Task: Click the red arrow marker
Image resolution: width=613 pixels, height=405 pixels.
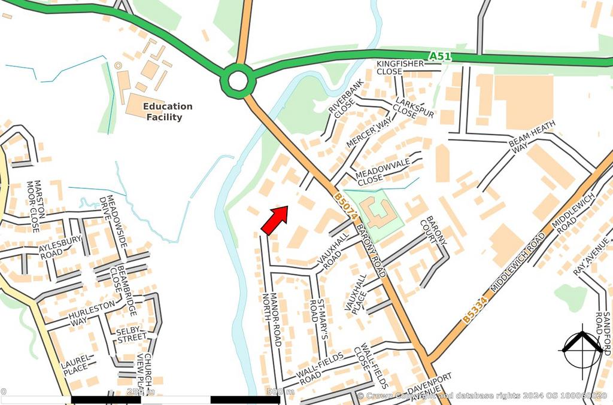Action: coord(275,220)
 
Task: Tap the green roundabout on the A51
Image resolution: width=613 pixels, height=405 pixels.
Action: coord(238,81)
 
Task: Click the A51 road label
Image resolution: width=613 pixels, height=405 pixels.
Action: coord(439,56)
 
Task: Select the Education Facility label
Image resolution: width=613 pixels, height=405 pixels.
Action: coord(168,112)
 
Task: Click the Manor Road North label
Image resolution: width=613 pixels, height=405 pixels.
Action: coord(273,319)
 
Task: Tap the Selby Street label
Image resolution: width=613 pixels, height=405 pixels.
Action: coord(131,334)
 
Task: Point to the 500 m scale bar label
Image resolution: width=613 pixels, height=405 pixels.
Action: coord(280,392)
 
